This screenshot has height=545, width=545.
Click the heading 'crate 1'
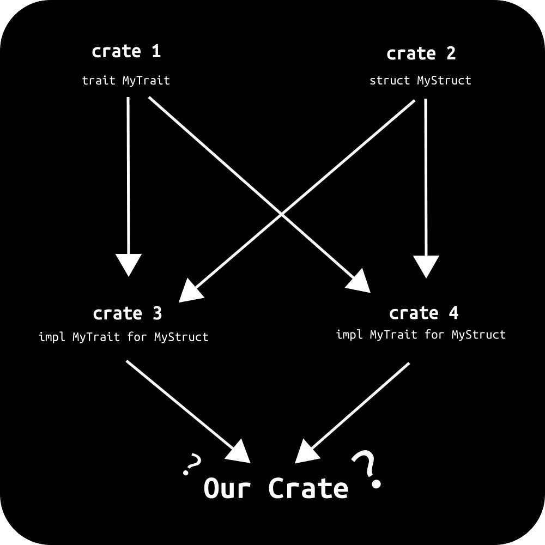pos(126,52)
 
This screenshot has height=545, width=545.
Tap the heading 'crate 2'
pos(421,54)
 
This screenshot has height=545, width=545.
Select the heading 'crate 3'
pos(127,314)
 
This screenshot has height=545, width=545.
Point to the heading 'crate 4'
pos(423,313)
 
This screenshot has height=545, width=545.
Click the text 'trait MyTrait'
pos(126,81)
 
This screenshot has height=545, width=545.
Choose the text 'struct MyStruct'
pos(420,81)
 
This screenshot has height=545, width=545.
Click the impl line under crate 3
pos(123,337)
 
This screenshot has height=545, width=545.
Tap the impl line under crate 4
pos(421,334)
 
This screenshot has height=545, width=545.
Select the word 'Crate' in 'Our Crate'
pos(308,488)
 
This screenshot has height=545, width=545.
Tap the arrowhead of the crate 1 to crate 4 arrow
pos(360,283)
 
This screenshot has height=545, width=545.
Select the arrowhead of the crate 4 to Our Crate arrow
pos(305,452)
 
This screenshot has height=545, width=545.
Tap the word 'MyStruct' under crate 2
pos(444,81)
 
